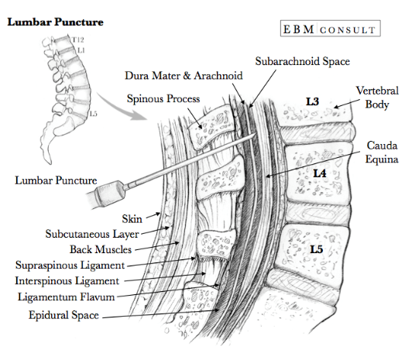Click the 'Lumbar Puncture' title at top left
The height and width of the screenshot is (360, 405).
coord(55,21)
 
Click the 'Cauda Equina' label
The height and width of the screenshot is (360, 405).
coord(382,152)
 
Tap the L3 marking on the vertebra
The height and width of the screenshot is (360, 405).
coord(311,102)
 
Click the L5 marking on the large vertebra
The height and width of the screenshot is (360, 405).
coord(316,249)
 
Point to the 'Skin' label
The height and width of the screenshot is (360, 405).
coord(133,219)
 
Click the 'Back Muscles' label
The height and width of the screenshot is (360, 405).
coord(101,249)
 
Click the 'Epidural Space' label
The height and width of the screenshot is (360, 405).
coord(64,315)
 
